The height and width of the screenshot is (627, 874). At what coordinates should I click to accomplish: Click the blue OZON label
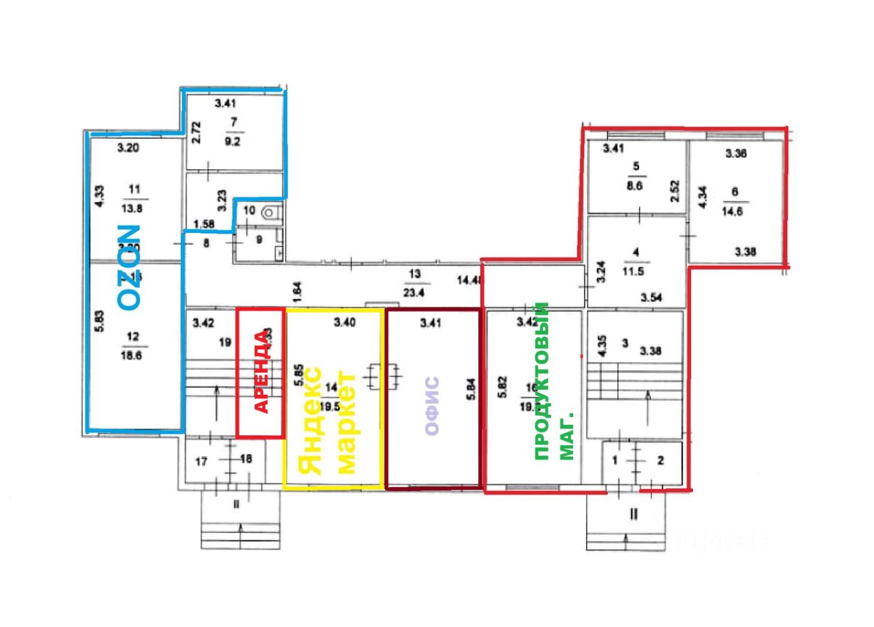[x=129, y=267]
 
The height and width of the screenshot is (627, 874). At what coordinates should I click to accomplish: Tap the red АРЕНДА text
[x=262, y=372]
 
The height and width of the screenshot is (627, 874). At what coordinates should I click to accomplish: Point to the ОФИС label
[x=431, y=406]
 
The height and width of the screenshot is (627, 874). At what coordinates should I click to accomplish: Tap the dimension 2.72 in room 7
[x=197, y=131]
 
